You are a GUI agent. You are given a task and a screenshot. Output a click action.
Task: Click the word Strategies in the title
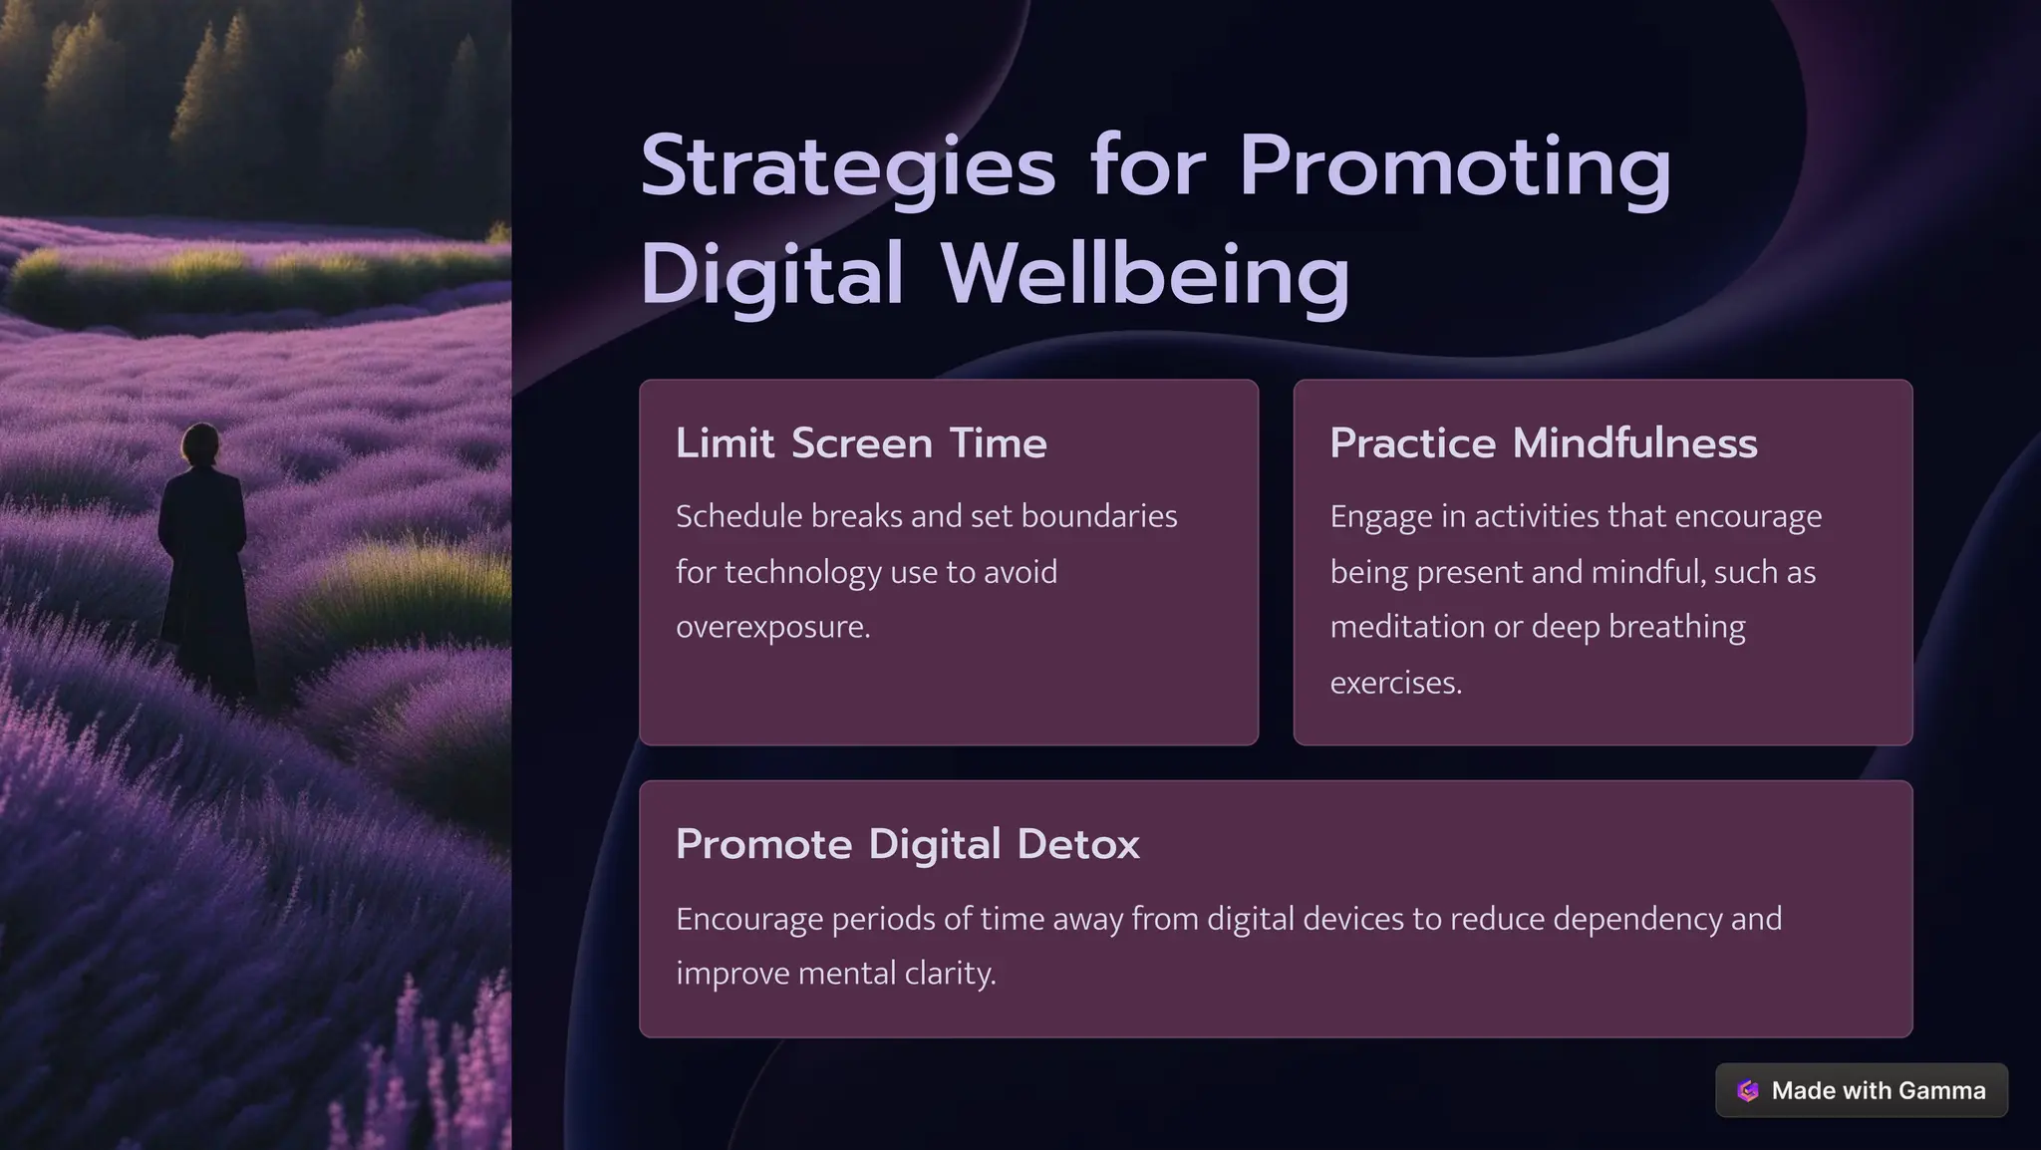tap(847, 167)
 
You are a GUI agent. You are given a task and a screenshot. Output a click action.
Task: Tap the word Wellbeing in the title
tap(1145, 274)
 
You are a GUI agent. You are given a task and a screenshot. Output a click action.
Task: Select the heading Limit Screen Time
tap(861, 443)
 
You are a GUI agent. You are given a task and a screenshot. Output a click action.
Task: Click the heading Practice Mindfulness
tap(1543, 443)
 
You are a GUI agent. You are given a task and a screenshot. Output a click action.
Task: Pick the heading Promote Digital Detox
tap(907, 844)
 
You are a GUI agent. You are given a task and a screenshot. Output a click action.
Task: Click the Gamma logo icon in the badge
tap(1747, 1090)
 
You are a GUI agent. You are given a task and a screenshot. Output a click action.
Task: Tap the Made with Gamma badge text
tap(1878, 1090)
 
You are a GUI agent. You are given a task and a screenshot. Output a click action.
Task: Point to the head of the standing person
tap(201, 443)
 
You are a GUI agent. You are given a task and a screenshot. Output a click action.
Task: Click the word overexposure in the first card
tap(772, 627)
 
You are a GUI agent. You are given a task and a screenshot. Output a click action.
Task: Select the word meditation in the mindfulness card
tap(1406, 627)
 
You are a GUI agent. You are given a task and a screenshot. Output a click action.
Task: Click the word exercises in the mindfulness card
tap(1395, 683)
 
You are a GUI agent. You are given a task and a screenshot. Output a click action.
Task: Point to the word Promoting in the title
tap(1455, 167)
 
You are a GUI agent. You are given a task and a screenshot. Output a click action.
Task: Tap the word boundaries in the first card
tap(1099, 516)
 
